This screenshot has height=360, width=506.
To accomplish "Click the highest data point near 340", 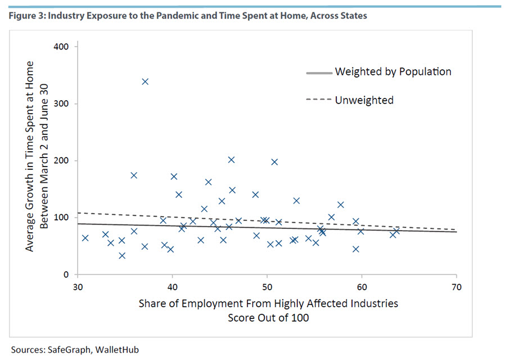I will click(145, 82).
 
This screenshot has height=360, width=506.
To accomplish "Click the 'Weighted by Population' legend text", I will click(392, 72).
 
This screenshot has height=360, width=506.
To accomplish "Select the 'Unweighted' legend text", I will click(364, 100).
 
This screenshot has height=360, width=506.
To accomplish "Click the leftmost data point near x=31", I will click(85, 238).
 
